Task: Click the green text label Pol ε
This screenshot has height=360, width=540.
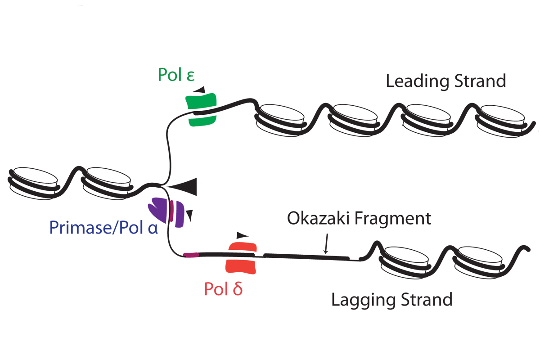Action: tap(176, 74)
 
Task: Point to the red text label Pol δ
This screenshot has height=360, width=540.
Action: tap(223, 289)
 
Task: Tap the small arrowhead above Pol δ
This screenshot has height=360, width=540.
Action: tap(243, 234)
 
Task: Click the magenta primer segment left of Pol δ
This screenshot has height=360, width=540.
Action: tap(191, 255)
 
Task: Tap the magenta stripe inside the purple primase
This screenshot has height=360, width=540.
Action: tap(171, 211)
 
